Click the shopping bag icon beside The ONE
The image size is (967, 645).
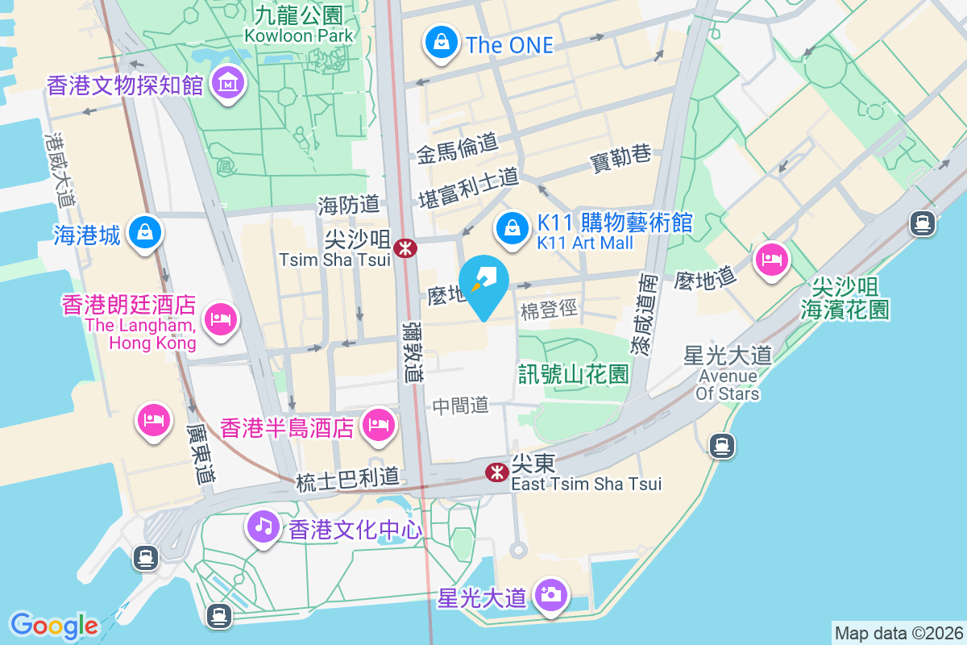tap(441, 44)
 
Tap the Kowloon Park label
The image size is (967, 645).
tap(299, 35)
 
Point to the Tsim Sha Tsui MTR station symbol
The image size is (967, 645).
tap(405, 248)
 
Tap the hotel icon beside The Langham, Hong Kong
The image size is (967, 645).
tap(219, 319)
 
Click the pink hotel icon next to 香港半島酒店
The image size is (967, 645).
tap(378, 425)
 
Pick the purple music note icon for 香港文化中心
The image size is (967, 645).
tap(263, 527)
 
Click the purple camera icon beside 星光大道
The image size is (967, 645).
tap(551, 597)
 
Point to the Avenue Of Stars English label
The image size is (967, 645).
tap(728, 385)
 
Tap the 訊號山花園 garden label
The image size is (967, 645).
tap(573, 374)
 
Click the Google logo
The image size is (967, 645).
tap(54, 625)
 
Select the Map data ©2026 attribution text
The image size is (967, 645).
tap(899, 633)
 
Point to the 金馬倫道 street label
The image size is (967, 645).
tap(457, 148)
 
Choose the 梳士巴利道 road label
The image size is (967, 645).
tap(347, 478)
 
